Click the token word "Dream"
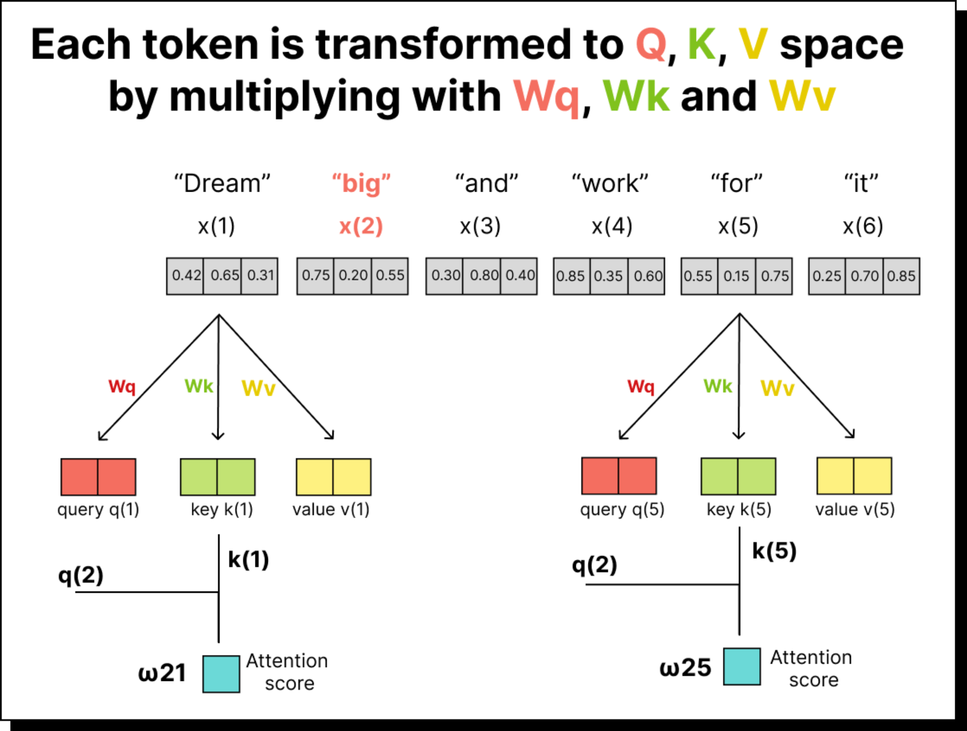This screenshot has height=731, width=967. [x=222, y=183]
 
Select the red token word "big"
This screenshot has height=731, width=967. [x=361, y=183]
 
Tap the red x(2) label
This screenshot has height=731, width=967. [x=361, y=226]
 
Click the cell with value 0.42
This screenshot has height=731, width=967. [x=185, y=276]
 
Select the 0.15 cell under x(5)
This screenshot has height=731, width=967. [x=737, y=276]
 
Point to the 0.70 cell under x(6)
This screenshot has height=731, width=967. [x=864, y=276]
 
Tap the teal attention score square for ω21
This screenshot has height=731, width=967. [x=221, y=674]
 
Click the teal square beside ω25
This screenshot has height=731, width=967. [x=742, y=666]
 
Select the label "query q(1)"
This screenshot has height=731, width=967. [x=98, y=509]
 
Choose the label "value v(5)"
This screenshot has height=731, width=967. [x=855, y=509]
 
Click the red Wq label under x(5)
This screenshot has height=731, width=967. [x=641, y=387]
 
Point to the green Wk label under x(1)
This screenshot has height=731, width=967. [x=199, y=386]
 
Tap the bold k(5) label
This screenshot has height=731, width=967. [x=774, y=551]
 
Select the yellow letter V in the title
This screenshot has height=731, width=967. [x=753, y=45]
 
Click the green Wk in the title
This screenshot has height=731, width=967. [x=636, y=96]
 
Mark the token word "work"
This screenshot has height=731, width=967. [x=610, y=183]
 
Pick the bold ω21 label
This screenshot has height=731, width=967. [x=162, y=673]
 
